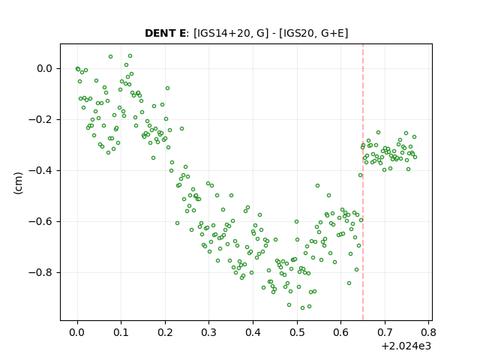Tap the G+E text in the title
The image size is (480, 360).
(x=332, y=33)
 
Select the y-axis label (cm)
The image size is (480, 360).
(x=18, y=183)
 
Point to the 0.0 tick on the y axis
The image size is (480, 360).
(x=44, y=68)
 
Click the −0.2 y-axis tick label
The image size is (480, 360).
(x=40, y=119)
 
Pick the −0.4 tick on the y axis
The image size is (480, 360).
(x=40, y=170)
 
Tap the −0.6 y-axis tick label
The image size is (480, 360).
(x=40, y=221)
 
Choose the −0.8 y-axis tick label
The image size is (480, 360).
(x=40, y=272)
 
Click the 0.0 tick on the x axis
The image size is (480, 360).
(x=77, y=332)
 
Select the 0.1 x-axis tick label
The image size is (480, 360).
(x=121, y=332)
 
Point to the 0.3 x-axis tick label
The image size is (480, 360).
(x=209, y=332)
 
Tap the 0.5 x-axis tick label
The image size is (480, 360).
(x=297, y=332)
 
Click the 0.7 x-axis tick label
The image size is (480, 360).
(x=385, y=332)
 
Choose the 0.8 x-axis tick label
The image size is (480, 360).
(x=428, y=332)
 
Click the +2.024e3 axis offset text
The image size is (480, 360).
(x=406, y=346)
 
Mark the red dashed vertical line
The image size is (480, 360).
(x=363, y=182)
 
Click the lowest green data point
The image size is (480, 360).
(x=302, y=307)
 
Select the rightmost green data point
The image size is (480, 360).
(x=415, y=157)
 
